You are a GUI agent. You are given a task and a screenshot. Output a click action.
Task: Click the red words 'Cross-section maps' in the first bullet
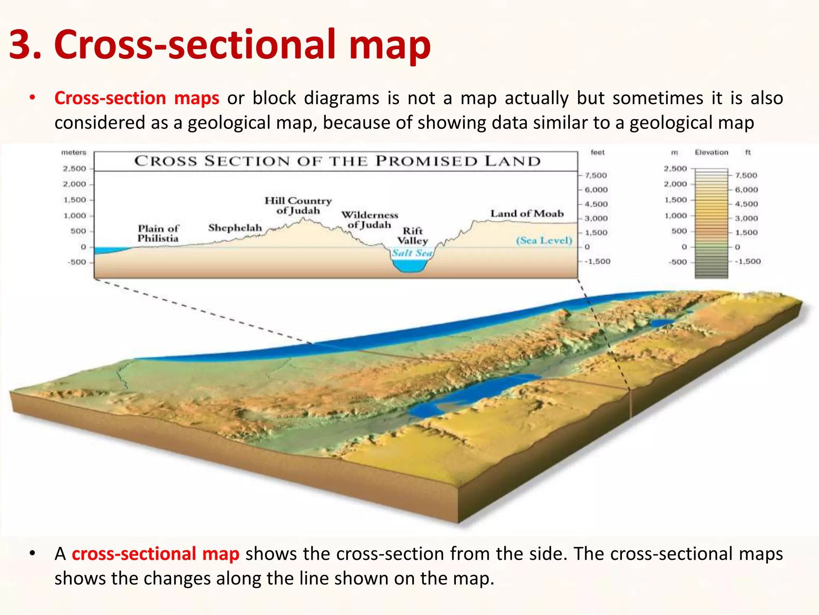(137, 98)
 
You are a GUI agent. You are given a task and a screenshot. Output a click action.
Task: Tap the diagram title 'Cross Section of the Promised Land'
(337, 161)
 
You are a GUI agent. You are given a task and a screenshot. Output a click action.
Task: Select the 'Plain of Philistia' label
(158, 233)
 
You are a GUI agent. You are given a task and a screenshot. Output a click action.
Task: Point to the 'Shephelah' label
(235, 228)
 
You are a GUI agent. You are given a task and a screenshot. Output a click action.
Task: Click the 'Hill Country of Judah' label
(298, 205)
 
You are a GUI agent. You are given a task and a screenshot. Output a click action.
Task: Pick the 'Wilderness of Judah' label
(370, 220)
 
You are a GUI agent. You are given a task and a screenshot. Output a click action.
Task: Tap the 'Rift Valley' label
(413, 236)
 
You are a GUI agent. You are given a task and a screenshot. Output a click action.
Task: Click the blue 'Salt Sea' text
(412, 253)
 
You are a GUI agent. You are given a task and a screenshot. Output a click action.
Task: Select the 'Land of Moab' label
(527, 214)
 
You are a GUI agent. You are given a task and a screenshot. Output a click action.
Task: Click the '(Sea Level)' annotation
(544, 241)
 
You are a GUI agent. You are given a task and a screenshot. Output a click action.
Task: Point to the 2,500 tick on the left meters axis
(74, 169)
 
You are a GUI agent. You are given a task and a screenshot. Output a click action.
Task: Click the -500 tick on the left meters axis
(76, 262)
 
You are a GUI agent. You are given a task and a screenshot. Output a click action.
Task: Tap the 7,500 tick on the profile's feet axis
(596, 175)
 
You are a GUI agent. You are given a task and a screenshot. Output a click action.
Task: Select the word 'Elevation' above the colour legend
(711, 153)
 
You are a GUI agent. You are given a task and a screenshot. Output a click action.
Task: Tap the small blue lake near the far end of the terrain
(662, 322)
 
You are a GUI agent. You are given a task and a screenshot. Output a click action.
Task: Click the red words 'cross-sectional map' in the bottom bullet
(156, 554)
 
